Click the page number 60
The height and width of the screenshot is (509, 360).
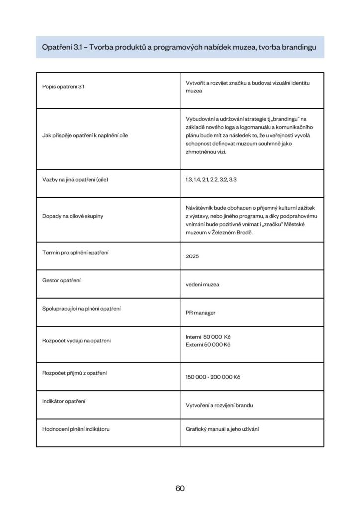tap(180, 488)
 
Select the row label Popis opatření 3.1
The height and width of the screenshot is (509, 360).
tap(64, 87)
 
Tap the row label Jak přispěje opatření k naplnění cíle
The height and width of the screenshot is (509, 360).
tap(85, 135)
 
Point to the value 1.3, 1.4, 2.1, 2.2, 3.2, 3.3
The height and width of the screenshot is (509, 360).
tap(211, 179)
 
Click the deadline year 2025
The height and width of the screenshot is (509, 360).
tap(192, 256)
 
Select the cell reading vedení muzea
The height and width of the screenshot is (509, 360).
tap(202, 285)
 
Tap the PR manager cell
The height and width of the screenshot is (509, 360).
tap(200, 313)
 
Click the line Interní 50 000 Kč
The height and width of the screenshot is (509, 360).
tap(208, 337)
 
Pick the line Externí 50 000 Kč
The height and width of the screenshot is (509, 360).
tap(208, 344)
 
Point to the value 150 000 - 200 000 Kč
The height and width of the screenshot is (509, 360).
tap(213, 377)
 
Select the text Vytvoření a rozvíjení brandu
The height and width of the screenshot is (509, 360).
tap(219, 405)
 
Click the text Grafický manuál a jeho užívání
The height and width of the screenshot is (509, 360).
tap(222, 429)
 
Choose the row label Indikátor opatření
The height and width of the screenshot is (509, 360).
tap(63, 401)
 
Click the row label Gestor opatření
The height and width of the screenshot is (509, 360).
tap(61, 280)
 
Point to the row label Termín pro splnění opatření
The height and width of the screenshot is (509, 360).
tap(76, 252)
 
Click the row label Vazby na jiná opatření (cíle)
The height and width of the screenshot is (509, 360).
tap(75, 179)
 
